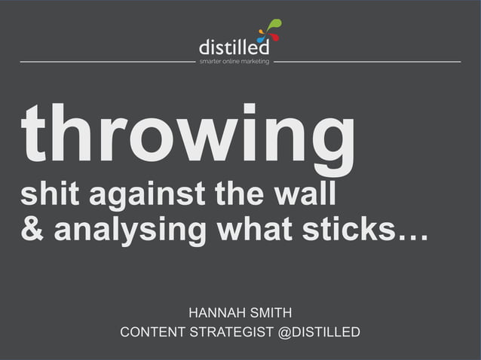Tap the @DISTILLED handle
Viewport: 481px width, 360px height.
pos(320,332)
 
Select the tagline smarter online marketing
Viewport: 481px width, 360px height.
pos(234,62)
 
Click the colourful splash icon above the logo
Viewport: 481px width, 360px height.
pos(268,30)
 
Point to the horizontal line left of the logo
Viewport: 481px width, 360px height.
pos(106,62)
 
